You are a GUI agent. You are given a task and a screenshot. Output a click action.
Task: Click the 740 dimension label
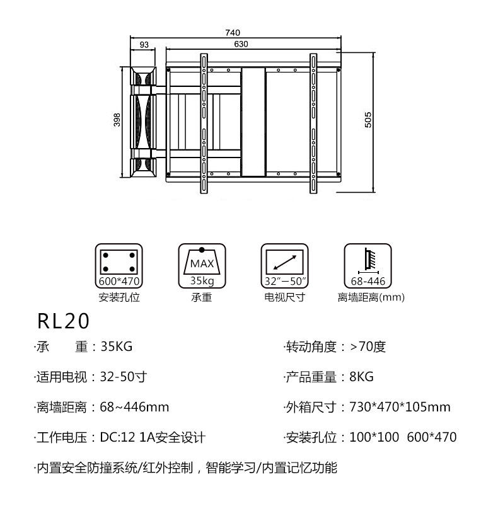[x=233, y=33]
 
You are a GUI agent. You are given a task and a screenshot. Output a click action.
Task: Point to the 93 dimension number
[x=144, y=44]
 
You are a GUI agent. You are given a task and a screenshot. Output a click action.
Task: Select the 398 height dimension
[x=117, y=120]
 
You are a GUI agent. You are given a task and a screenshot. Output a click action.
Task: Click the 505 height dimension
[x=368, y=119]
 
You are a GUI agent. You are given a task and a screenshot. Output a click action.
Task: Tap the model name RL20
[x=64, y=322]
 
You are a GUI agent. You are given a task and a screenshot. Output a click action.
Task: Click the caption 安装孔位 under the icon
[x=119, y=297]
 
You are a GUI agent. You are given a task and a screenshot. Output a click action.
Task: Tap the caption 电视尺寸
[x=284, y=297]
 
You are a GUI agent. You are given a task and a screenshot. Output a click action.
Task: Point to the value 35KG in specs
[x=117, y=347]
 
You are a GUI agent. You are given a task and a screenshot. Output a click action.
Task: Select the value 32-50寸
[x=124, y=377]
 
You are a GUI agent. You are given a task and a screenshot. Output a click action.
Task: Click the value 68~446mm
[x=134, y=407]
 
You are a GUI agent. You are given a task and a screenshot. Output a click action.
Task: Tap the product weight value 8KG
[x=361, y=377]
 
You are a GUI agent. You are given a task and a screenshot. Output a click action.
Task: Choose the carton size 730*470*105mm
[x=400, y=407]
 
